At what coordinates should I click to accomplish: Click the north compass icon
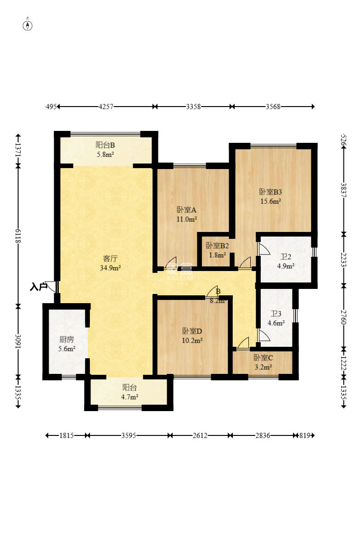coord(28,25)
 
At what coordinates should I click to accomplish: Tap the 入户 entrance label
coord(39,287)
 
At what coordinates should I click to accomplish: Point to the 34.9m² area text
coord(110,267)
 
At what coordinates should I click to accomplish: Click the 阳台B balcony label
coord(105,145)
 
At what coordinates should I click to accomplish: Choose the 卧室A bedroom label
coord(186,209)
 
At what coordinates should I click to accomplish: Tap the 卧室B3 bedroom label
coord(270,192)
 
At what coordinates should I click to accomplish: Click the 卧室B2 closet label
coord(217,246)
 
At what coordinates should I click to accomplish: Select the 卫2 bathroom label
coord(286,257)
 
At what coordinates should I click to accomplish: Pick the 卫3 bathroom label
coord(276,314)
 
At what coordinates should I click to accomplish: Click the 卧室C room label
coord(263,358)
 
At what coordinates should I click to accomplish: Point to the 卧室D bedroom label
coord(192,331)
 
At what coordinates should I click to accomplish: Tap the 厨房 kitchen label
coord(67,339)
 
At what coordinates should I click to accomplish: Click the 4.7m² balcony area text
coord(129,397)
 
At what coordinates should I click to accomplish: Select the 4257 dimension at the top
coord(106,107)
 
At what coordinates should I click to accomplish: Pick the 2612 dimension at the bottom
coord(200,435)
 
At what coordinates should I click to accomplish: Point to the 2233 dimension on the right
coord(343,260)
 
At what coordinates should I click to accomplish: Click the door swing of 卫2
coord(264,249)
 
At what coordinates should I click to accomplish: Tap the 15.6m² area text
coord(270,201)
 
